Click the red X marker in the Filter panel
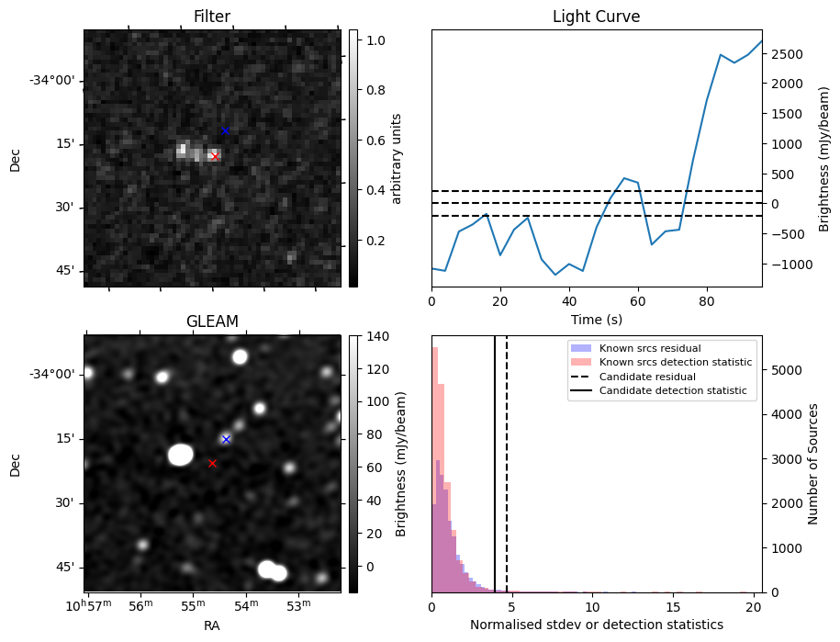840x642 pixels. point(215,156)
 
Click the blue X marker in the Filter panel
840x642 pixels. point(225,130)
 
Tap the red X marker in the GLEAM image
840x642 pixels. point(212,464)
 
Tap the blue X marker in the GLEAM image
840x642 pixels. point(226,439)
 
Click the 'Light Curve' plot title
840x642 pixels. point(596,17)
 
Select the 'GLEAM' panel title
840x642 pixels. point(212,321)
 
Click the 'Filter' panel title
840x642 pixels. point(212,17)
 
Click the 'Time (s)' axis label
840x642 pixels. point(596,319)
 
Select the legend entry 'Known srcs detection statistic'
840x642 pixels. point(675,363)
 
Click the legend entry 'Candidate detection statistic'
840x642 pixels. point(672,391)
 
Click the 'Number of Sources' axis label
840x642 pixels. point(813,464)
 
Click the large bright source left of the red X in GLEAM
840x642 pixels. point(181,455)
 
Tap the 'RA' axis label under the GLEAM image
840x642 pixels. point(212,625)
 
